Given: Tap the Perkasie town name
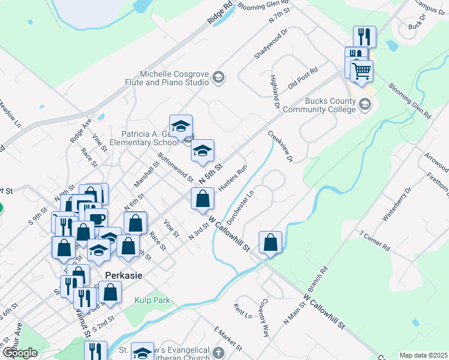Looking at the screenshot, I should click(x=122, y=275).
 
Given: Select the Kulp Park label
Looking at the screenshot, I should click(x=152, y=300).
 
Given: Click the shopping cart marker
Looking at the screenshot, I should click(x=362, y=72).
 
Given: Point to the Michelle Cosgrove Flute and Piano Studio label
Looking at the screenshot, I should click(x=173, y=77).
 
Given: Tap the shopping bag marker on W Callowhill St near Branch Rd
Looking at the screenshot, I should click(x=271, y=242).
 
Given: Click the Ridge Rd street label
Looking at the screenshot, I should click(x=220, y=14).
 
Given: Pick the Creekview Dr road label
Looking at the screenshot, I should click(x=280, y=147).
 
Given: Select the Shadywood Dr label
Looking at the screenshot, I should click(x=271, y=44).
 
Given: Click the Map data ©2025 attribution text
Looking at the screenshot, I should click(x=423, y=355).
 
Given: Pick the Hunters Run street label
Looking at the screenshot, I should click(x=233, y=179).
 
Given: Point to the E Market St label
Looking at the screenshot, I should click(x=228, y=339).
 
